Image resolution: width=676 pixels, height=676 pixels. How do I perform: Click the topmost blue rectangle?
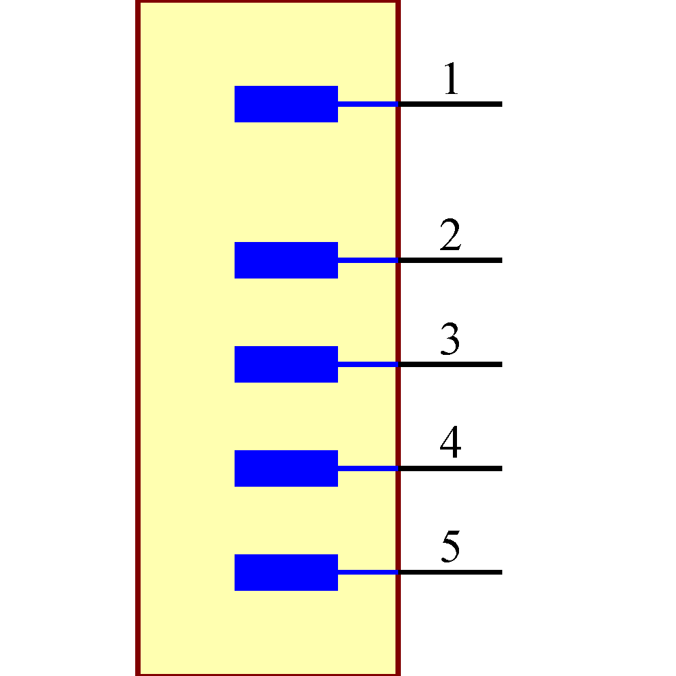coord(286,104)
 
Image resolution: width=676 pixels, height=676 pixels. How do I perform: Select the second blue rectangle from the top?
coord(286,260)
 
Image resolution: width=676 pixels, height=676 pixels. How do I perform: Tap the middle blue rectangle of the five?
coord(286,364)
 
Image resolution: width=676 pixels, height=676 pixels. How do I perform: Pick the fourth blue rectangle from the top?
coord(286,468)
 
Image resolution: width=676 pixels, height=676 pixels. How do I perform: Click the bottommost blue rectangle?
coord(286,573)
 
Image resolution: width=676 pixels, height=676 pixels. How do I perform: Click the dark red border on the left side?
coord(138,338)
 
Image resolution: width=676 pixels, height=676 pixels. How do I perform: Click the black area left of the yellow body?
coord(68,338)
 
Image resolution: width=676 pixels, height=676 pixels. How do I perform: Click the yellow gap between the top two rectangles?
coord(286,183)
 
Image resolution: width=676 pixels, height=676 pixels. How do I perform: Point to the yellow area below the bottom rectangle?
coord(286,632)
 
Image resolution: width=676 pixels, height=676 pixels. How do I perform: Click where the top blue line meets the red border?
coord(398,104)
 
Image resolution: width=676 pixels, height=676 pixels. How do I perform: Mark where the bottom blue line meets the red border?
coord(398,573)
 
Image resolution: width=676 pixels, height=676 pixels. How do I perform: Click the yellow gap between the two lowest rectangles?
coord(286,521)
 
